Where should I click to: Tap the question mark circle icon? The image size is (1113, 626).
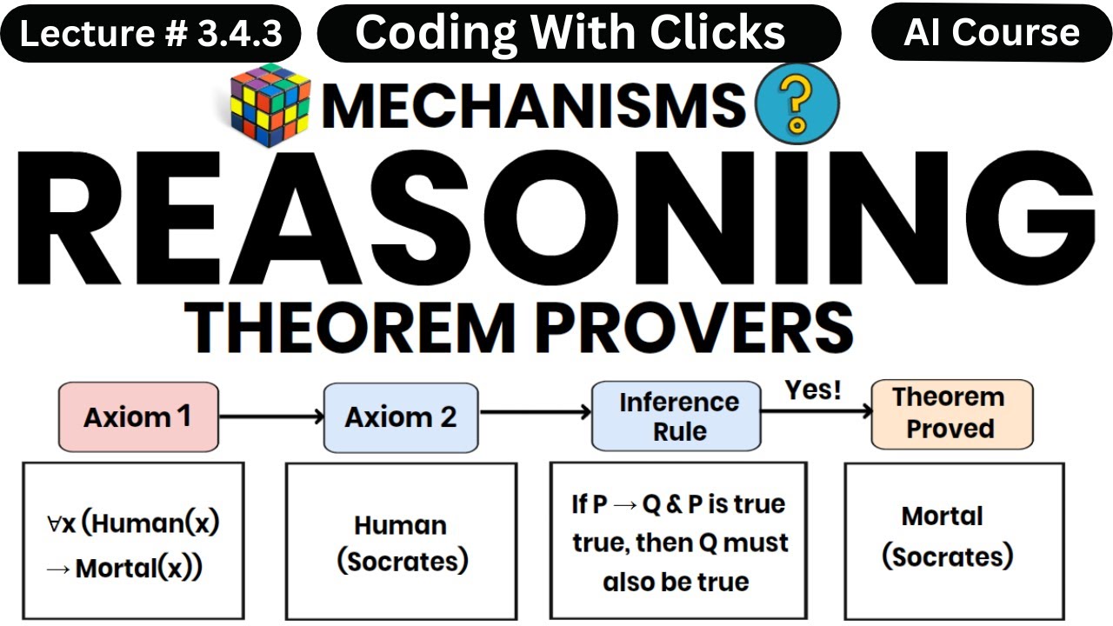click(x=798, y=103)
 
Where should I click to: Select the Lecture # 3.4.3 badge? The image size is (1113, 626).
click(x=151, y=35)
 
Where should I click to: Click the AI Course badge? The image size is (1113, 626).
click(x=991, y=33)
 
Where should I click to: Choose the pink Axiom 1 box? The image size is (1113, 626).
click(x=137, y=417)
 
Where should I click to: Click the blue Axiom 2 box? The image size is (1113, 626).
click(x=401, y=417)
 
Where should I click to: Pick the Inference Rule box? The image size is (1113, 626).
click(x=679, y=416)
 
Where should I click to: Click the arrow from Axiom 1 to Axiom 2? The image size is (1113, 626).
click(x=270, y=417)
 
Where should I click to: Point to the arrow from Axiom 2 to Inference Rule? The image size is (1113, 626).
click(x=535, y=414)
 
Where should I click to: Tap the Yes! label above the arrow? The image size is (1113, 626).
click(x=813, y=390)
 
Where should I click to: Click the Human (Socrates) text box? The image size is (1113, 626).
click(x=402, y=543)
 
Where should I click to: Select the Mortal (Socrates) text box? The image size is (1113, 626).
click(x=947, y=536)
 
